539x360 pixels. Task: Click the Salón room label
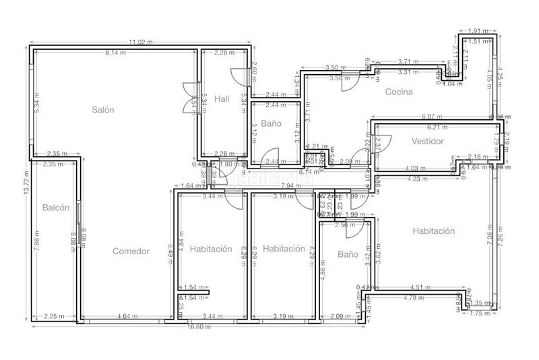tap(103, 109)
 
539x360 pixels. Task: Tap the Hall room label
tap(222, 99)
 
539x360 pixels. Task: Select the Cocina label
tap(399, 92)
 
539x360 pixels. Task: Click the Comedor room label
tap(131, 251)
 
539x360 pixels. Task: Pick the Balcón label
tap(55, 208)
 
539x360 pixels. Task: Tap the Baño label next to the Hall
tap(271, 124)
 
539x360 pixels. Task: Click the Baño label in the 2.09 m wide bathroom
tap(348, 255)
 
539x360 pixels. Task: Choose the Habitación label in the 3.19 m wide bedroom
tap(284, 249)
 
